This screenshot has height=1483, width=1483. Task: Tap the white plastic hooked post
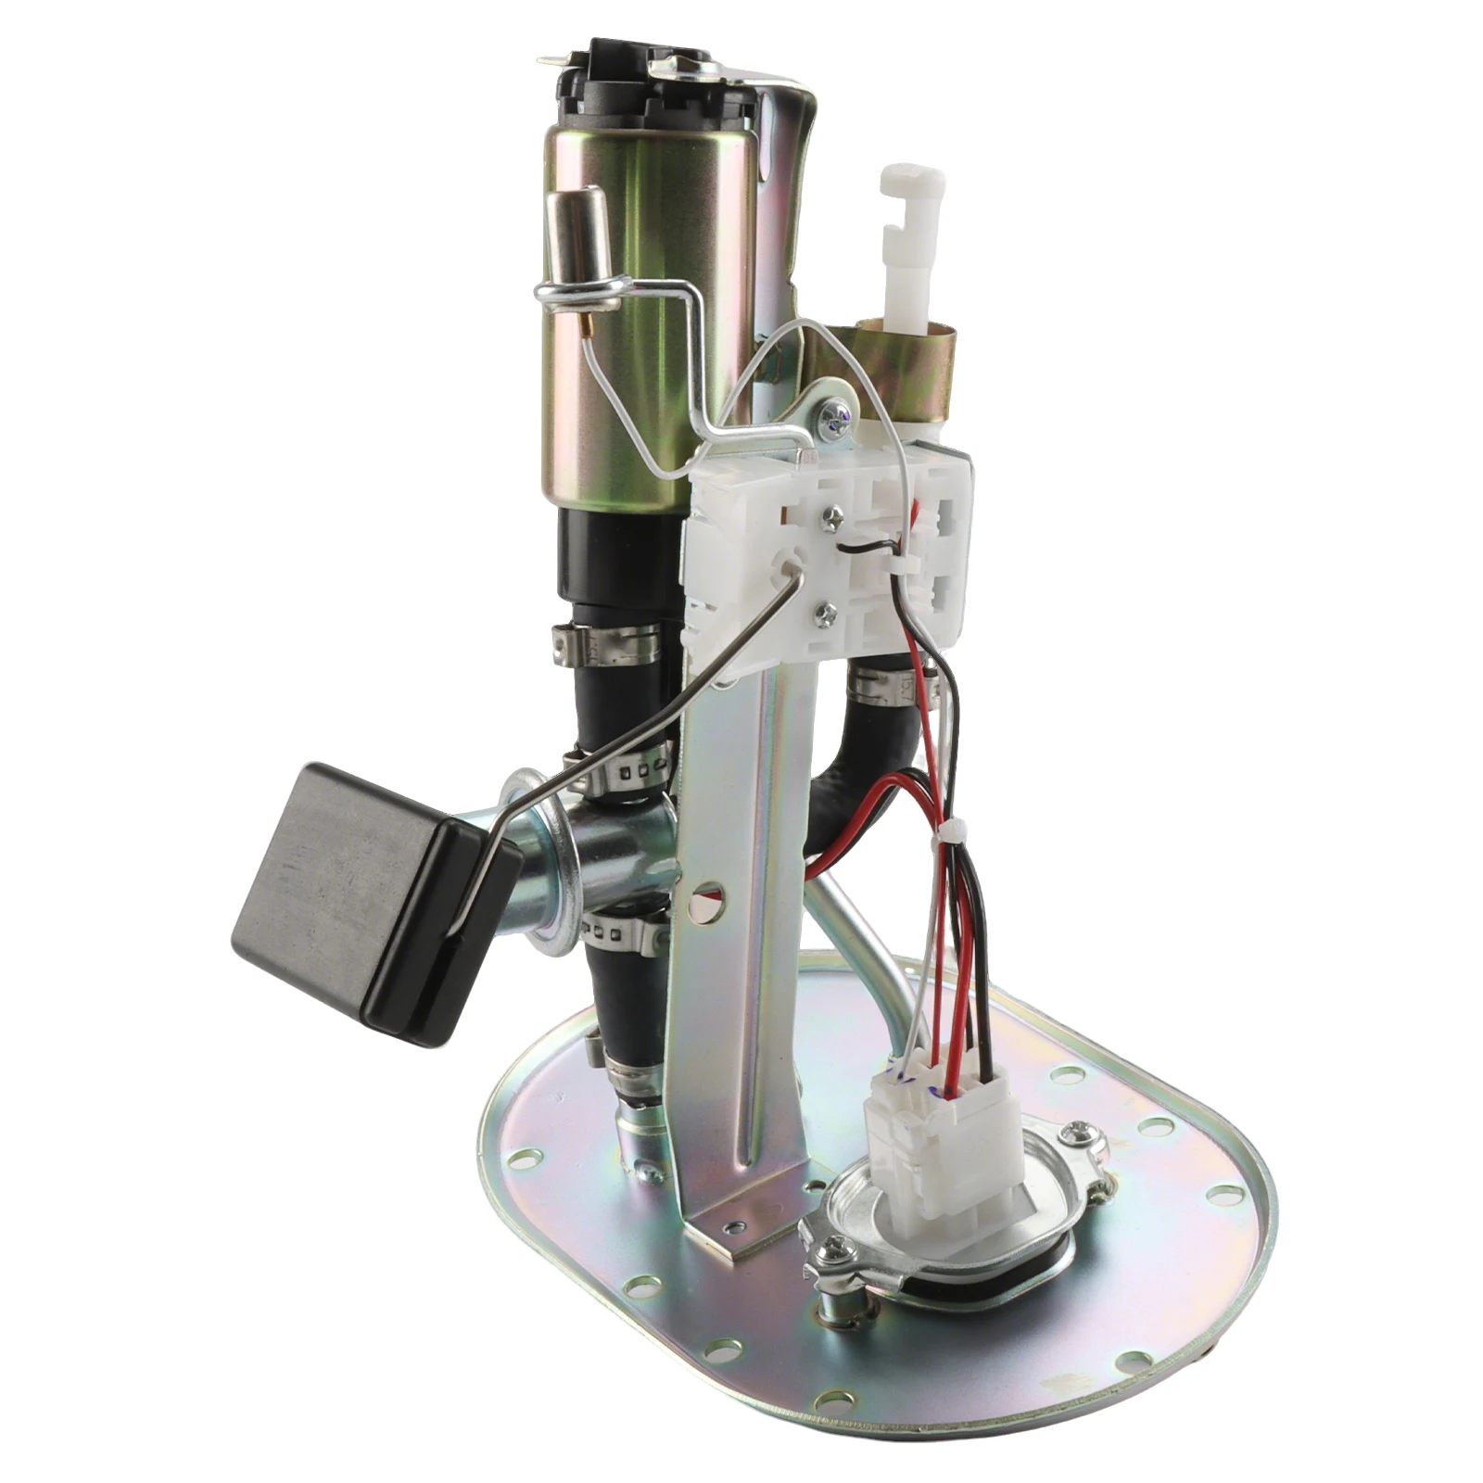click(x=912, y=241)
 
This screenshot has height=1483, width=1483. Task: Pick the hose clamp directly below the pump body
click(x=607, y=643)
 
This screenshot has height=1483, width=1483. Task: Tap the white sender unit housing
click(x=825, y=556)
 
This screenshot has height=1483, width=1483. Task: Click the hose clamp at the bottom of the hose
click(x=635, y=1080)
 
